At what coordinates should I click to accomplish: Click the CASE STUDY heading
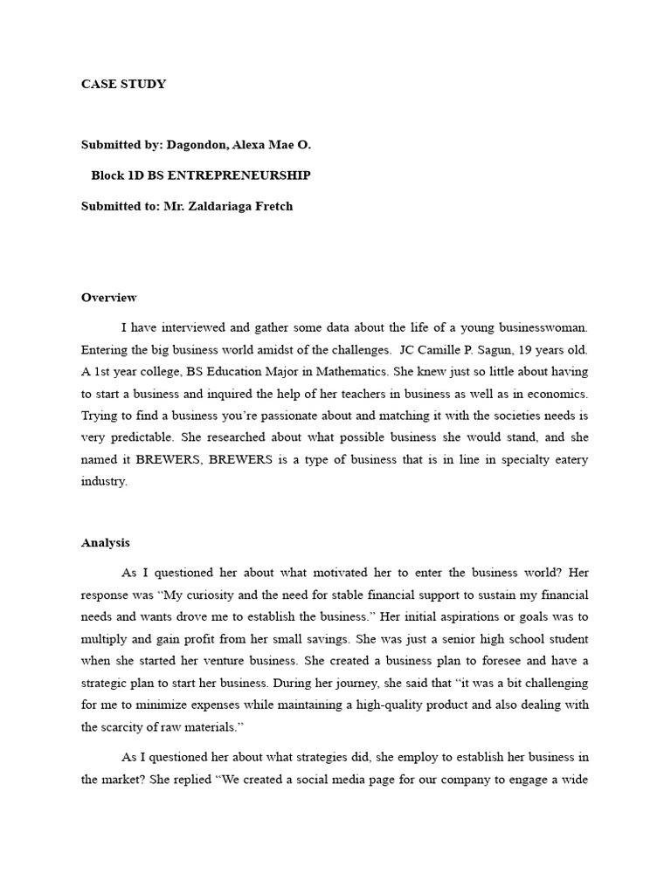[123, 85]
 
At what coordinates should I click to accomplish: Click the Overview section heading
[108, 298]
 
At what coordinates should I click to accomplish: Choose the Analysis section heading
[106, 542]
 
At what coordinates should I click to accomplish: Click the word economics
[554, 394]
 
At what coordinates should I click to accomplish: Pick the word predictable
[146, 437]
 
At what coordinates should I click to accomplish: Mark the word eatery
[569, 459]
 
